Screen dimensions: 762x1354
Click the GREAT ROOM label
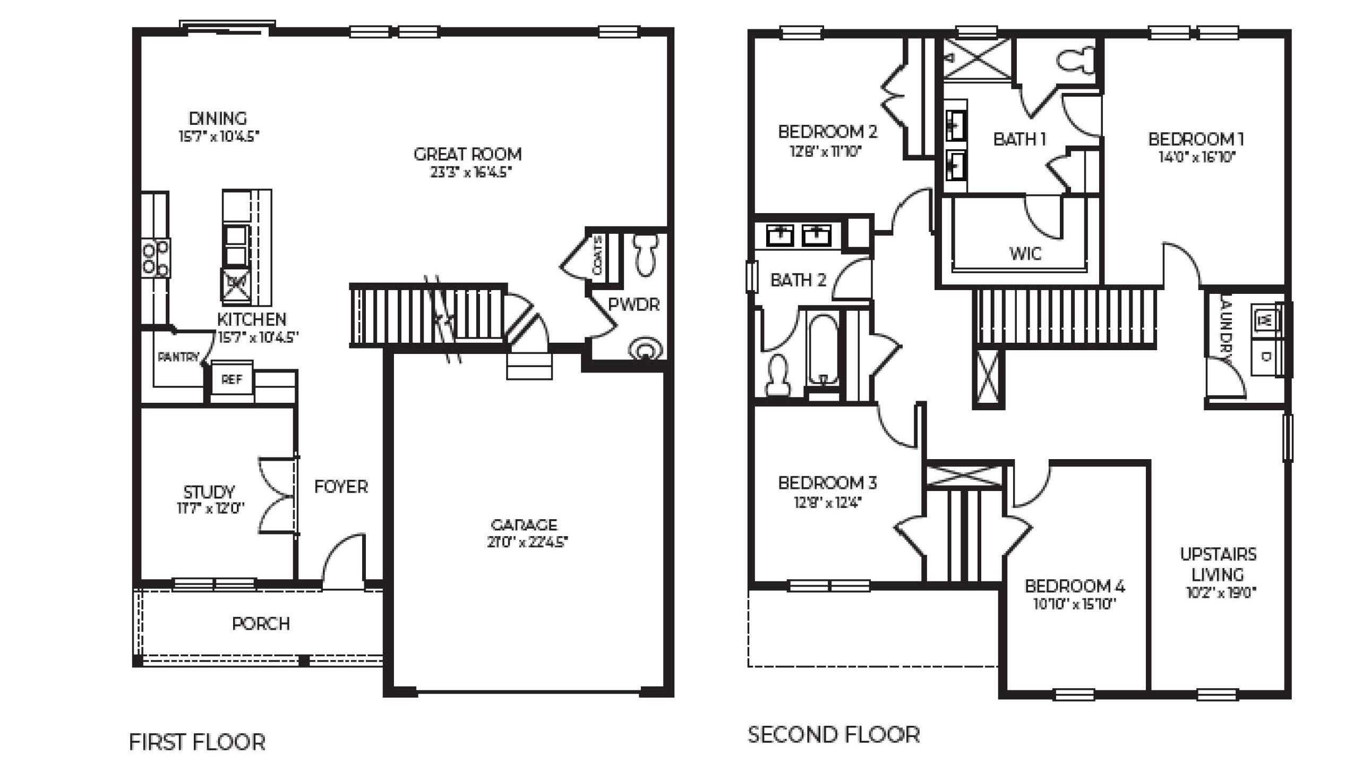pos(467,155)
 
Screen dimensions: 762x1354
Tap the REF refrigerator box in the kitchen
pos(232,379)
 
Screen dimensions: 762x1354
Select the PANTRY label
pos(178,357)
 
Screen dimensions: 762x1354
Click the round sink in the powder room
pos(645,350)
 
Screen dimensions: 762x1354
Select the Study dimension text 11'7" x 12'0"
pos(210,509)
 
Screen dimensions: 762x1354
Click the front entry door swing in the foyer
pos(342,563)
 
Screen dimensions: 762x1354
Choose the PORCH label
pos(261,623)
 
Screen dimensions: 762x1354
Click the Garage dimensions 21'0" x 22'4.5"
pos(527,543)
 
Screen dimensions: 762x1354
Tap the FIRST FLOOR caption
pos(197,742)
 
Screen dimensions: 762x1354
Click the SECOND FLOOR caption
pos(834,735)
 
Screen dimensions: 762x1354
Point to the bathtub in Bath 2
pos(822,351)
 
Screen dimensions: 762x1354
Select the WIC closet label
pos(1025,253)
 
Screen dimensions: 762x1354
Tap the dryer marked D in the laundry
pos(1265,357)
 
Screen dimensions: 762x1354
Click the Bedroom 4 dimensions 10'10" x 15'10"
pos(1074,604)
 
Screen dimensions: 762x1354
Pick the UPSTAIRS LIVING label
pos(1218,564)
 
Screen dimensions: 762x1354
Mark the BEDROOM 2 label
pos(827,132)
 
